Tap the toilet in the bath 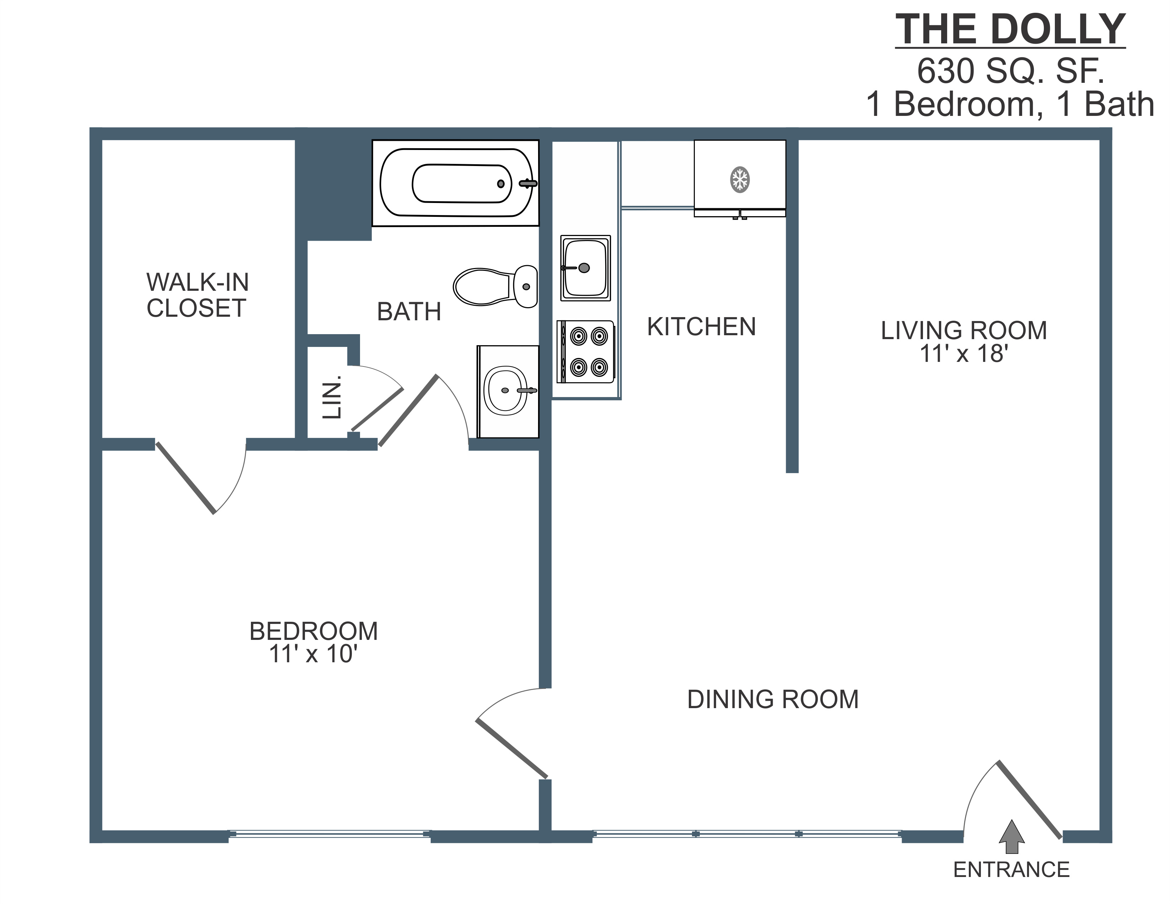495,287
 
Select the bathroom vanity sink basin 505,391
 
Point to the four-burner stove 586,352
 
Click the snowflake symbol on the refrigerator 740,180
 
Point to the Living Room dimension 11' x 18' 964,354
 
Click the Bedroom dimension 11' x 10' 313,654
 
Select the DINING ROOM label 773,699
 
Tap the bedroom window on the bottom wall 329,834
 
